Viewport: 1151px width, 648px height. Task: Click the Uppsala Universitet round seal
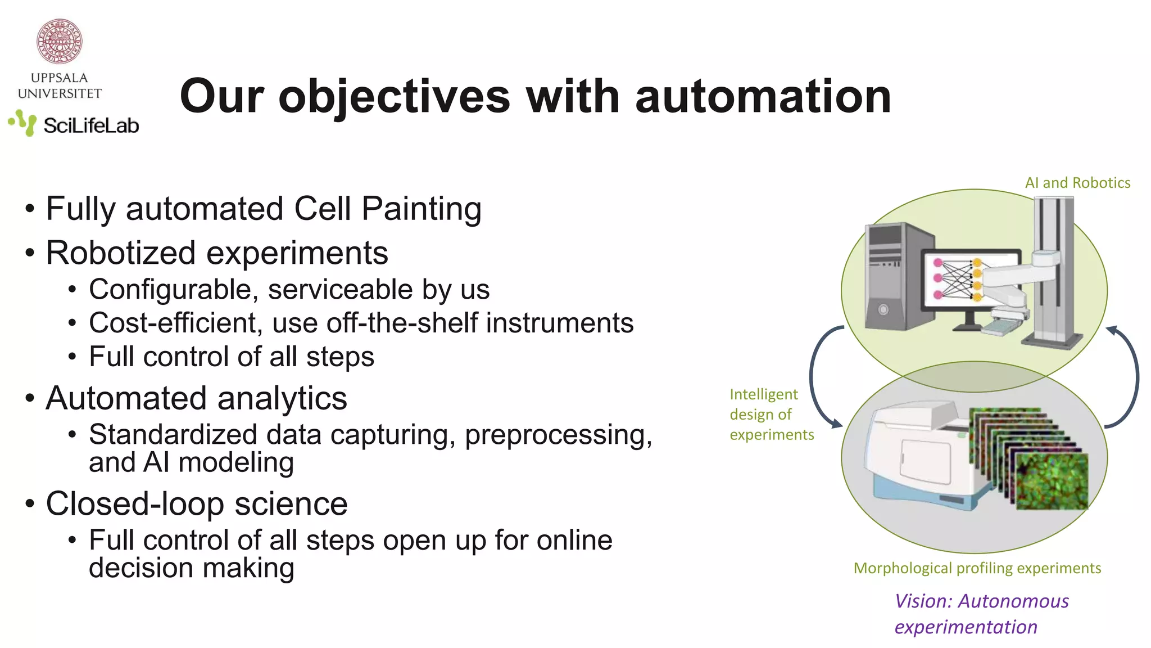[x=60, y=40]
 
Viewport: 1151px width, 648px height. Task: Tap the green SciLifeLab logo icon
[x=23, y=123]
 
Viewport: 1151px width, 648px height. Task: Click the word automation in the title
[x=763, y=97]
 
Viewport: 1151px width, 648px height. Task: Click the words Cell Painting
[x=388, y=209]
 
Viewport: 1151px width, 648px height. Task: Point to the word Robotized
[x=120, y=253]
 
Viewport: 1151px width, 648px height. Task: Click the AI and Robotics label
[x=1077, y=183]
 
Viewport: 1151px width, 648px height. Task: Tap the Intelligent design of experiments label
[x=771, y=415]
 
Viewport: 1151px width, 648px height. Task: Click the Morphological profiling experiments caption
[x=977, y=568]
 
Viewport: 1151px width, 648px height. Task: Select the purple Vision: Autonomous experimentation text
[x=981, y=614]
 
